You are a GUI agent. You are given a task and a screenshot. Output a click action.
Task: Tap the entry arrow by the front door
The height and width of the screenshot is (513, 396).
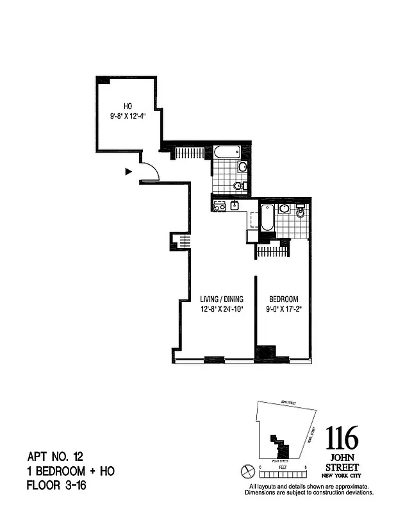click(128, 171)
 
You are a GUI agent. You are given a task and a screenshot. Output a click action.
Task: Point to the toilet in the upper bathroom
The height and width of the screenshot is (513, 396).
click(238, 186)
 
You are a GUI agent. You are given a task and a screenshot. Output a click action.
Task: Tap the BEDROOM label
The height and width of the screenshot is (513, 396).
click(283, 299)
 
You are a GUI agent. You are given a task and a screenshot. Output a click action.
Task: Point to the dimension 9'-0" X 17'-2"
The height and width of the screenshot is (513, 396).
click(283, 309)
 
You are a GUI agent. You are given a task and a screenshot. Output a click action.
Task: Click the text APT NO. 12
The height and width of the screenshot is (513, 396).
click(54, 457)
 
